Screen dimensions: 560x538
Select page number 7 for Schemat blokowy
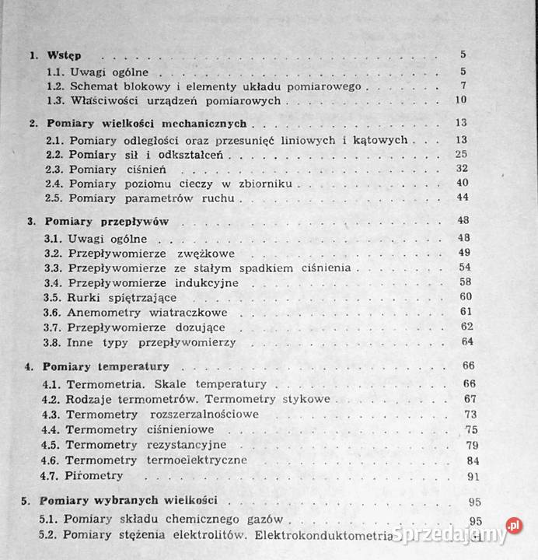click(462, 86)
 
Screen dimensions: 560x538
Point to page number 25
click(461, 155)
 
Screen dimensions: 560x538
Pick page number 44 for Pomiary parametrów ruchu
click(461, 198)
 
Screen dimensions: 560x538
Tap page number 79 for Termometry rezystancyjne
click(470, 444)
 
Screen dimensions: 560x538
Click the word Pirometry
click(94, 474)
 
